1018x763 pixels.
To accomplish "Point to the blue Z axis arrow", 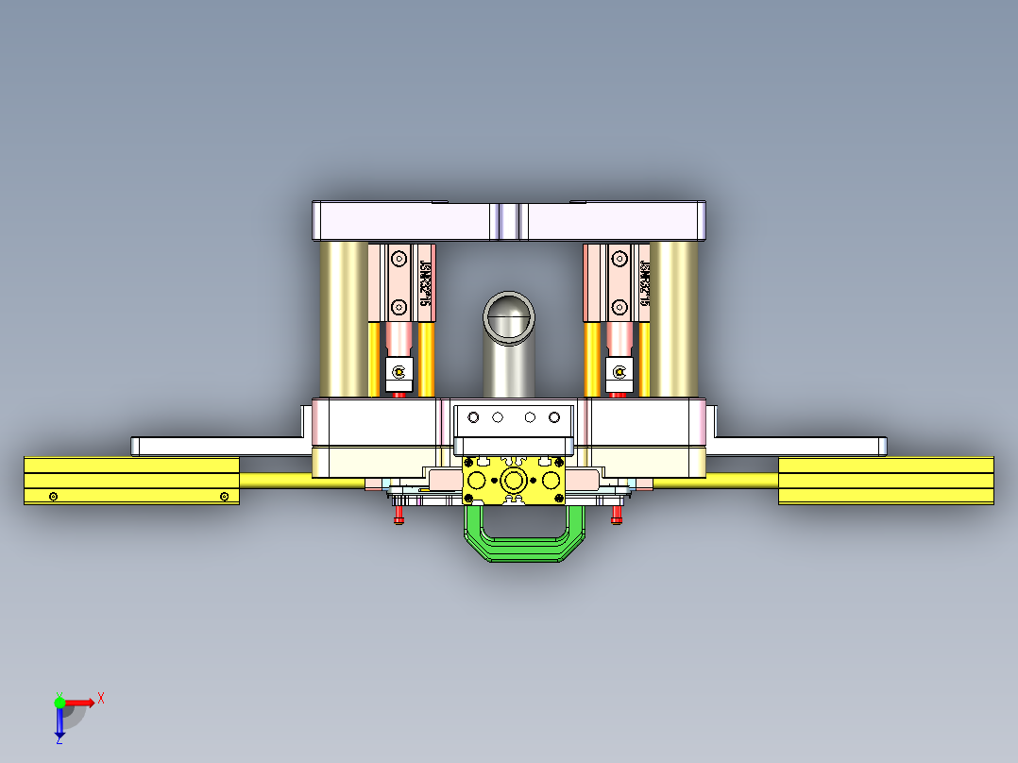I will (x=59, y=725).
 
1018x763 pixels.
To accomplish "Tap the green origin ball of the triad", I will (x=59, y=702).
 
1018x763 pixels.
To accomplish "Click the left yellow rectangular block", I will (x=131, y=481).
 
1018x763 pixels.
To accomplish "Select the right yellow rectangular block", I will (x=885, y=481).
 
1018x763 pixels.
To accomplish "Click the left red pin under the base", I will (x=398, y=516).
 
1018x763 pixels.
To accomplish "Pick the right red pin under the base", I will (x=617, y=516).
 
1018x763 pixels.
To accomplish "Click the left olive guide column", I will (x=344, y=319).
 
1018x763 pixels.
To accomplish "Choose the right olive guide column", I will (x=674, y=319).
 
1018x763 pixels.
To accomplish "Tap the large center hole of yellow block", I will (x=515, y=481).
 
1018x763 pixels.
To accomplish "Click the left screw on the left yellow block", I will (x=54, y=497).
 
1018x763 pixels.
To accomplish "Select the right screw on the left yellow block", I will (x=224, y=497).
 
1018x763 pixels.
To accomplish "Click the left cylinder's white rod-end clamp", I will (x=399, y=372).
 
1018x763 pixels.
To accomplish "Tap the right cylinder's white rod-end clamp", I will (x=619, y=372).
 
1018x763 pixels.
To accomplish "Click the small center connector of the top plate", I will (x=509, y=222).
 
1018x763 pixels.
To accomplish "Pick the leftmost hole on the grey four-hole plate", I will (x=473, y=416).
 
